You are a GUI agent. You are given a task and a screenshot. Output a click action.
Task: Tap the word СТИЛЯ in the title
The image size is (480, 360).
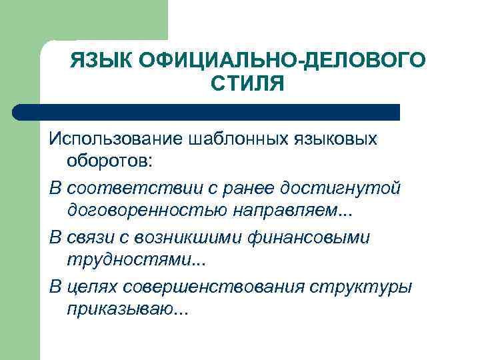point(247,85)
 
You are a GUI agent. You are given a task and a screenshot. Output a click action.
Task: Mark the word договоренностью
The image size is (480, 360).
point(145,212)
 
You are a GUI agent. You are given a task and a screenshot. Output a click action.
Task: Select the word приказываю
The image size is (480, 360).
point(119,310)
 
